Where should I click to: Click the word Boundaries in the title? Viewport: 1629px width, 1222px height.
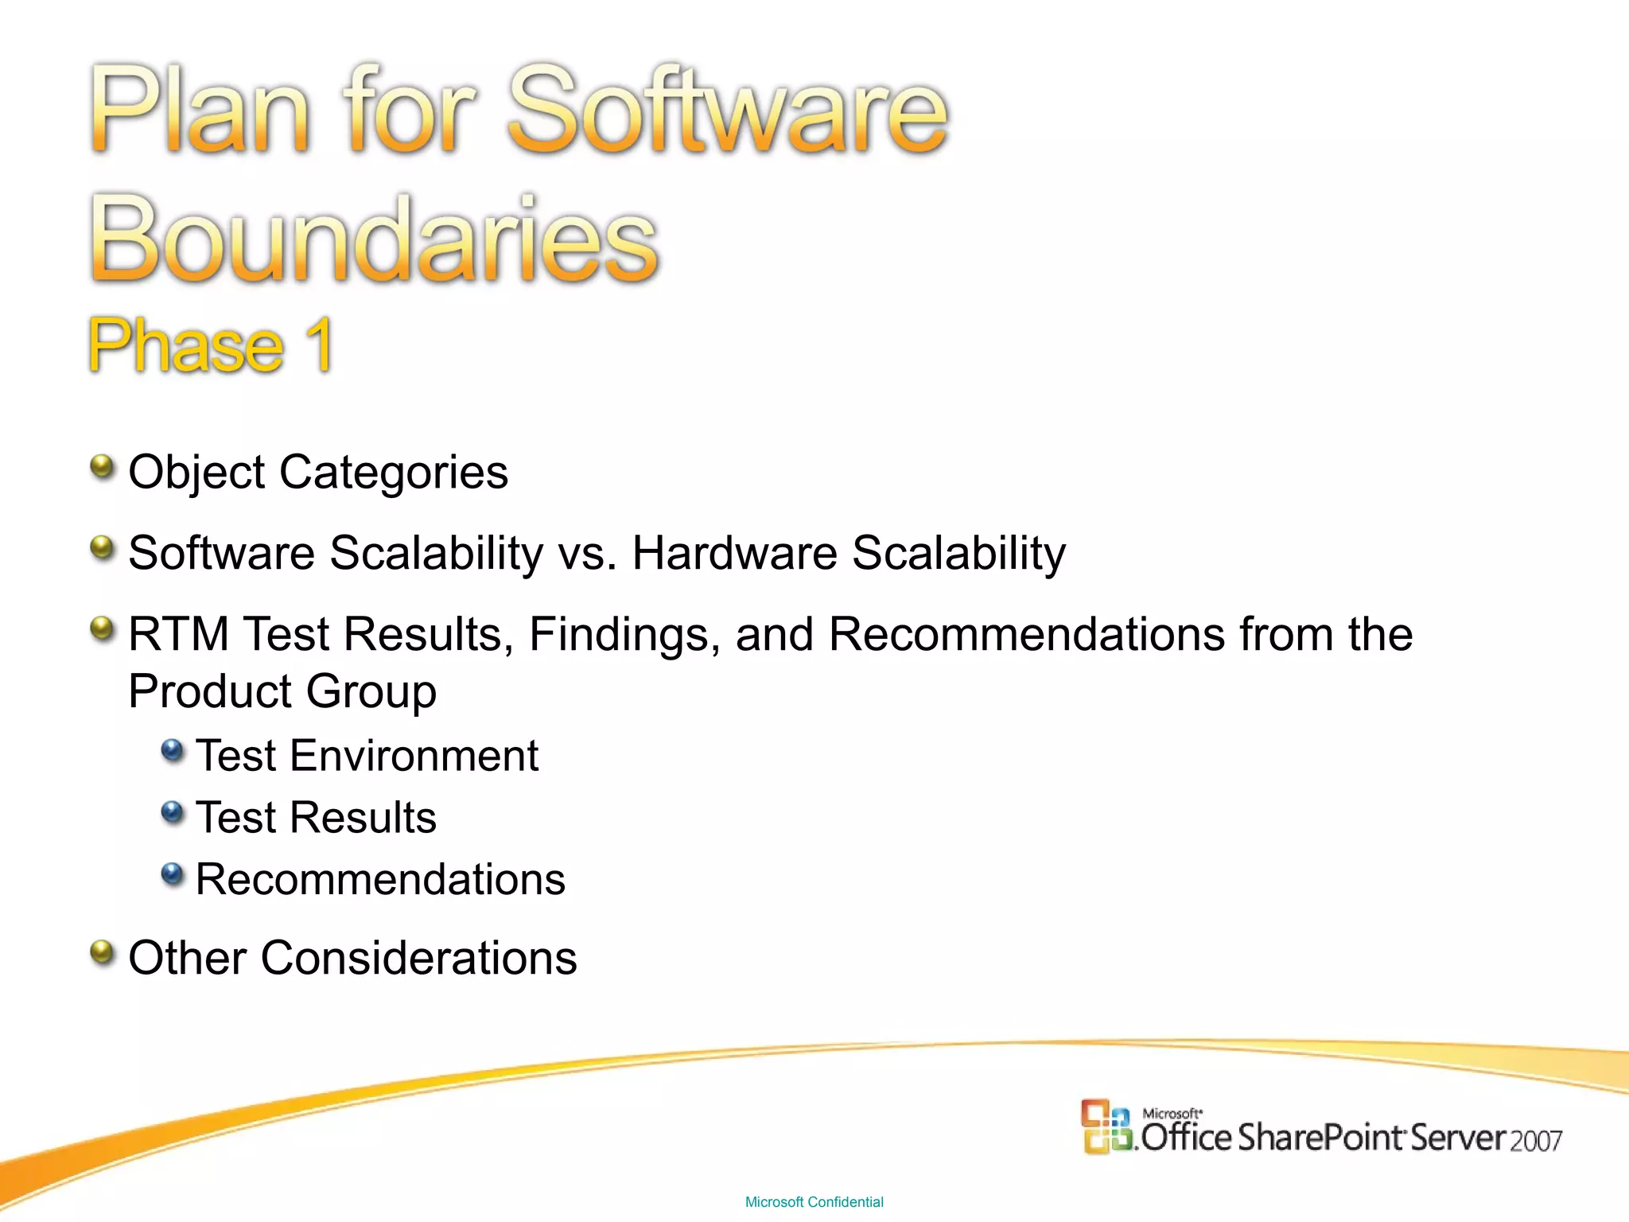374,239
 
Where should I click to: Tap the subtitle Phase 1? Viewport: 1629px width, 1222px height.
211,345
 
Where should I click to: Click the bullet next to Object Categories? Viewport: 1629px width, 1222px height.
102,467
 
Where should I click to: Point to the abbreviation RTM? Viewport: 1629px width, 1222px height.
178,634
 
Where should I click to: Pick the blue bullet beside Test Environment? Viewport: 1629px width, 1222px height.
172,750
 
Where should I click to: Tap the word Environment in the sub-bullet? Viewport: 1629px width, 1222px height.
414,755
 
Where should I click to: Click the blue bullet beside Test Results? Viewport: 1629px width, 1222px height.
172,812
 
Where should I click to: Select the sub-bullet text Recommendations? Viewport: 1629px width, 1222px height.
380,879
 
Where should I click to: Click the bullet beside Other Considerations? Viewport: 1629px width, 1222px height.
102,952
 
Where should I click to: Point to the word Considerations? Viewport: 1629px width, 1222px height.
418,957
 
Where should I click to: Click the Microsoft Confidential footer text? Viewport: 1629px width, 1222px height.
814,1202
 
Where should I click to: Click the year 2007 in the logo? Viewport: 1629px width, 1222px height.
1536,1141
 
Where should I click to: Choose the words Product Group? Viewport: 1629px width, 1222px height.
282,691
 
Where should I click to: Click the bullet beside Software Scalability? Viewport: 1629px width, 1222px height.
102,547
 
